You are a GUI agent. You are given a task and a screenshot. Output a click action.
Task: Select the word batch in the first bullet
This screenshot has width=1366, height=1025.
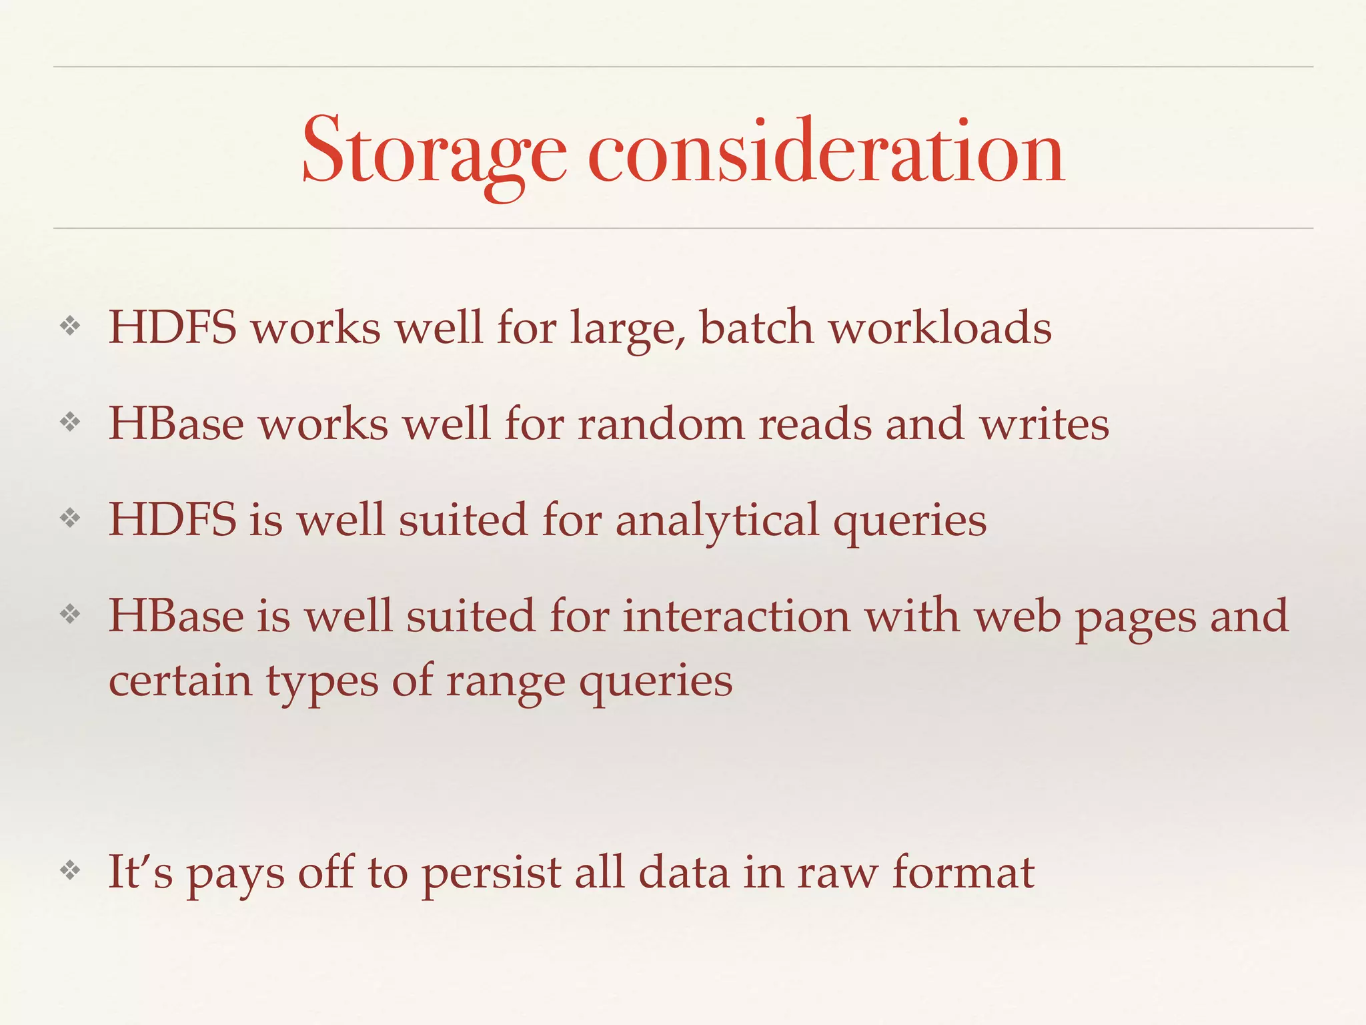click(x=756, y=328)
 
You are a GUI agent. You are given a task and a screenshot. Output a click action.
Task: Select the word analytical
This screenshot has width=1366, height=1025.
click(x=717, y=521)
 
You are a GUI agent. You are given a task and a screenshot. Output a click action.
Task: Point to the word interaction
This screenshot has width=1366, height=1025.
click(x=736, y=616)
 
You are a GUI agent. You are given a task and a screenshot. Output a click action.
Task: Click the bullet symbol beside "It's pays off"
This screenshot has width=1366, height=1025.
click(x=70, y=870)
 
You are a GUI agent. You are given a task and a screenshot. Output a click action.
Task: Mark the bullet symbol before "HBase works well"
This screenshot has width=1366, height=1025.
click(x=70, y=422)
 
